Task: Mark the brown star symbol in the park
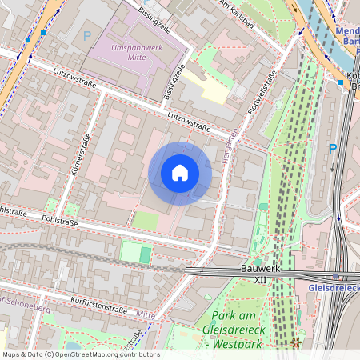click(296, 342)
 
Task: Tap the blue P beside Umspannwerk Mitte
click(86, 35)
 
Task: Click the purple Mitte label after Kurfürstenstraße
click(146, 315)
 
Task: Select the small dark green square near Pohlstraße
click(145, 254)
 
